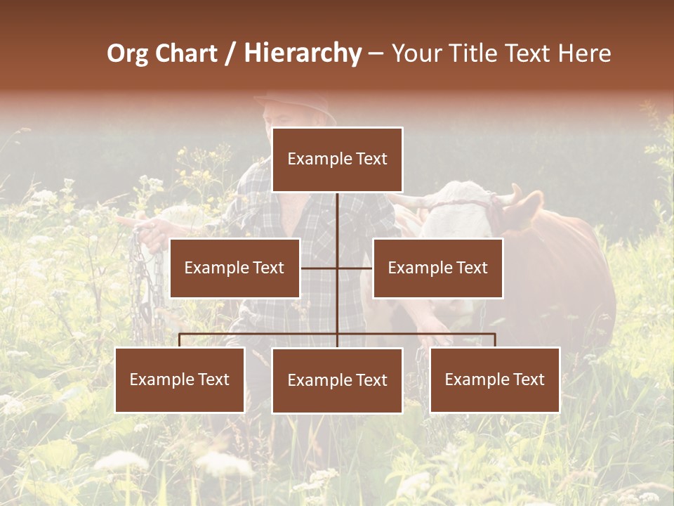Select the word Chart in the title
pyautogui.click(x=183, y=53)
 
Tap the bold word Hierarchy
pyautogui.click(x=303, y=53)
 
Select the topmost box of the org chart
pyautogui.click(x=337, y=160)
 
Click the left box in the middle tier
pyautogui.click(x=234, y=268)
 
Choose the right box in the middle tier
pyautogui.click(x=437, y=268)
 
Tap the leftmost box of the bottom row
pyautogui.click(x=180, y=380)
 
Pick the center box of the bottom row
pyautogui.click(x=337, y=381)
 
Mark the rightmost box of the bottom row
pyautogui.click(x=495, y=380)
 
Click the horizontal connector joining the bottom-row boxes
pyautogui.click(x=260, y=335)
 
